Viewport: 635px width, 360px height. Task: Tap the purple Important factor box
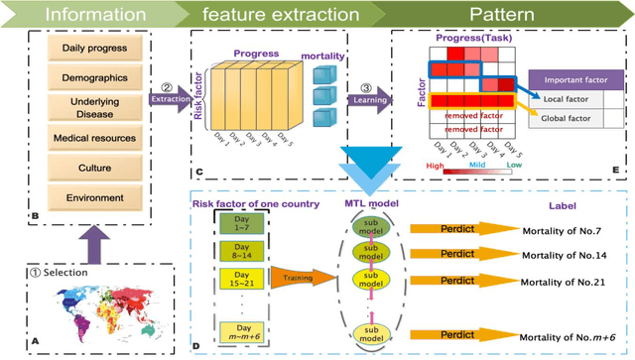(x=572, y=79)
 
